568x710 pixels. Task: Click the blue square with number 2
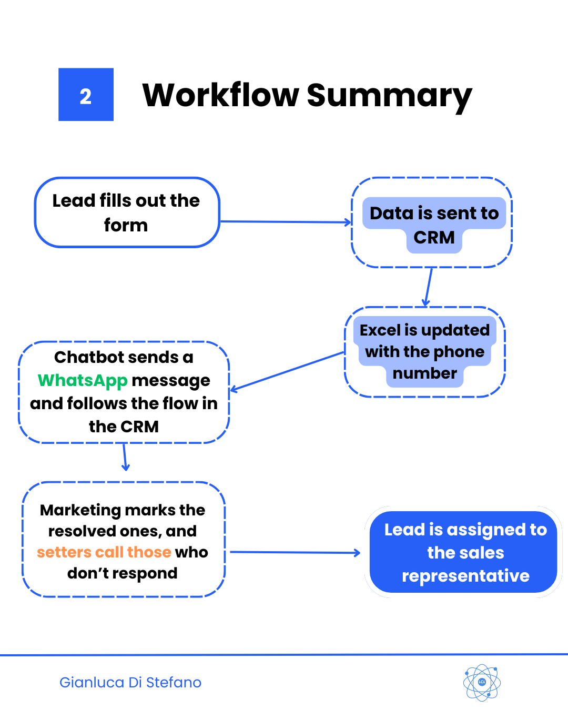tap(86, 95)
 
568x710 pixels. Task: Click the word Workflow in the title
tap(221, 96)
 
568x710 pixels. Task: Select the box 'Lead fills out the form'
tap(127, 212)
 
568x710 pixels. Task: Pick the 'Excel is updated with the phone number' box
tap(424, 351)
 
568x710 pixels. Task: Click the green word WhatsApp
tap(83, 380)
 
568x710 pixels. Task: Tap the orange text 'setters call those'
tap(104, 552)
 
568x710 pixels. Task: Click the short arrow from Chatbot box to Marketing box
tap(125, 457)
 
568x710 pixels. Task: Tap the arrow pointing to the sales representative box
tap(295, 552)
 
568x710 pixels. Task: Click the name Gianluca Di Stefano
tap(130, 683)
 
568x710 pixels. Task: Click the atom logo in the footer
tap(482, 683)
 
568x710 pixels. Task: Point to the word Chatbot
tap(90, 358)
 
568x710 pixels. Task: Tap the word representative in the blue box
tap(465, 576)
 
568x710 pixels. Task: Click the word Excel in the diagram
tap(380, 330)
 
